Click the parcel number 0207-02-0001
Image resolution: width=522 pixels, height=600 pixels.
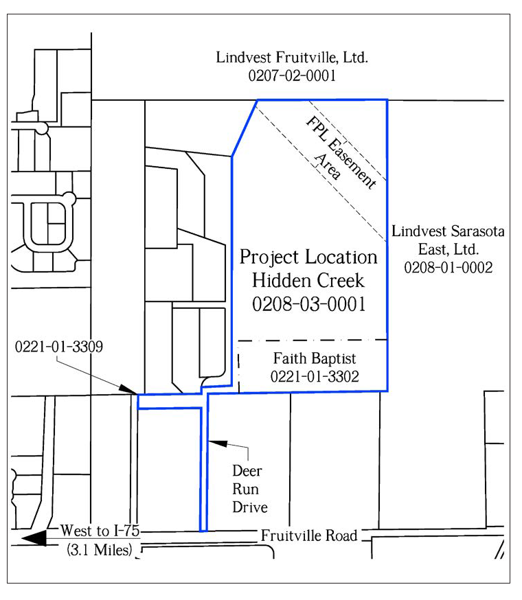pyautogui.click(x=292, y=76)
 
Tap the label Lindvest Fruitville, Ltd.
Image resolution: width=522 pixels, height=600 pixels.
pyautogui.click(x=292, y=58)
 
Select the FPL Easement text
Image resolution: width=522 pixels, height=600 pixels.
pyautogui.click(x=341, y=152)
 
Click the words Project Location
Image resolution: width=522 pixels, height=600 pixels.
pyautogui.click(x=308, y=257)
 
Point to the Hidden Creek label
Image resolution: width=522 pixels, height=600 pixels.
pyautogui.click(x=308, y=281)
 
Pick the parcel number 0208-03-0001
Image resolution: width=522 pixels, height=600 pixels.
pyautogui.click(x=308, y=304)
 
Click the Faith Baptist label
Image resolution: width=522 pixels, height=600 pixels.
pyautogui.click(x=315, y=359)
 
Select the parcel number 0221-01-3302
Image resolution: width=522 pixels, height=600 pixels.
pyautogui.click(x=315, y=376)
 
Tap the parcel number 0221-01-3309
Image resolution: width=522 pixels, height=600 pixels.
pyautogui.click(x=58, y=347)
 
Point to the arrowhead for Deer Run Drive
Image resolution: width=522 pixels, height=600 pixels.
pyautogui.click(x=218, y=443)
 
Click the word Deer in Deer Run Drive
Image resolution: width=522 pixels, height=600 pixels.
pyautogui.click(x=247, y=471)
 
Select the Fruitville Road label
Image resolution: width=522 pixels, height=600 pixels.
pyautogui.click(x=308, y=535)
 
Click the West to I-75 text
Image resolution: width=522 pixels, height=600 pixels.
pyautogui.click(x=100, y=531)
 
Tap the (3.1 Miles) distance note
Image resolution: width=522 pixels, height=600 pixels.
pyautogui.click(x=100, y=550)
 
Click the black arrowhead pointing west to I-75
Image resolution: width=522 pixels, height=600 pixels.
pyautogui.click(x=34, y=538)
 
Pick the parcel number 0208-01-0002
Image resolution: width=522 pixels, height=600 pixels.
pyautogui.click(x=448, y=268)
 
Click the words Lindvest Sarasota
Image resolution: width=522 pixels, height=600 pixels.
pyautogui.click(x=448, y=231)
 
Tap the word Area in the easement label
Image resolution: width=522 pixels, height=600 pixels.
pyautogui.click(x=328, y=166)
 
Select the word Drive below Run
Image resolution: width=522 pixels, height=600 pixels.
pyautogui.click(x=250, y=507)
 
